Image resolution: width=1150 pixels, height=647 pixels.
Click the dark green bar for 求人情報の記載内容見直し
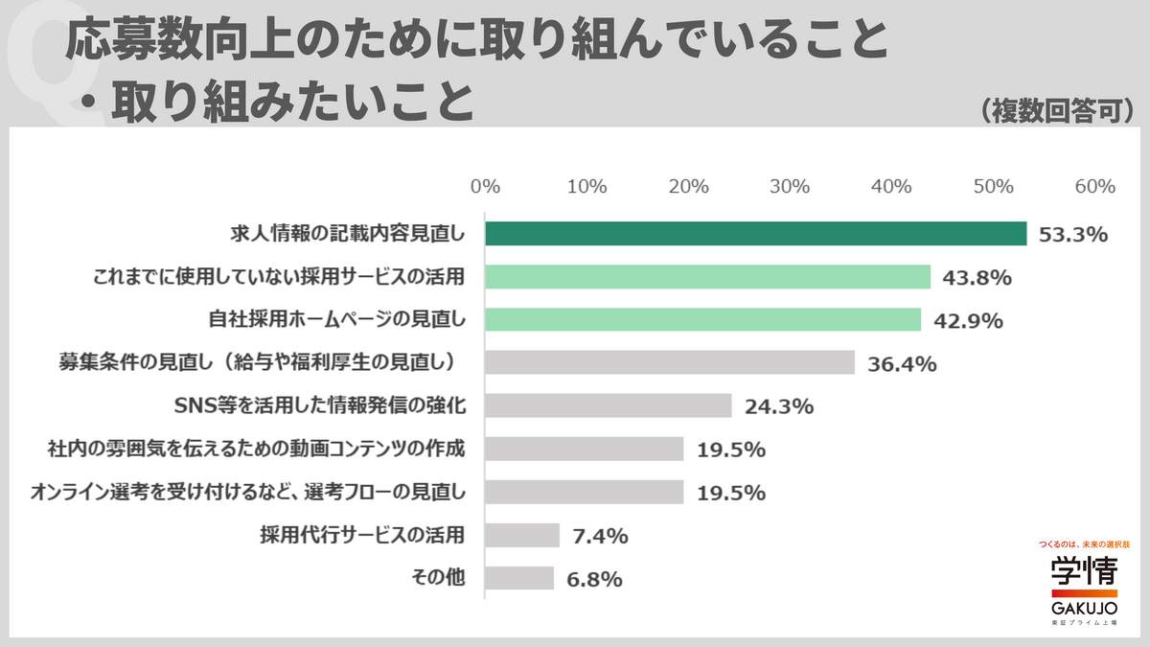(x=755, y=234)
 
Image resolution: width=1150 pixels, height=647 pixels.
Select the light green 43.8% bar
(x=707, y=277)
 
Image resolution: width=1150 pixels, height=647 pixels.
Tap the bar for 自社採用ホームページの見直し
(x=702, y=319)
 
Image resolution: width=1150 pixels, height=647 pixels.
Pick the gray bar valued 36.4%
(x=669, y=362)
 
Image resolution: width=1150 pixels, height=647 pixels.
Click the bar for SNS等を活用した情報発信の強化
(x=608, y=405)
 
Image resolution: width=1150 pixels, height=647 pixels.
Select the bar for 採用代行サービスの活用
(x=521, y=535)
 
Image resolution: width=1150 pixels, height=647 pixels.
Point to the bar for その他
(x=518, y=578)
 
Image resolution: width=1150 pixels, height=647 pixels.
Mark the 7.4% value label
(x=600, y=536)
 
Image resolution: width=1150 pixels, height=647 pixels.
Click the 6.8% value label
(x=594, y=579)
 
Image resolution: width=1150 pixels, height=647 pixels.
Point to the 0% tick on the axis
(x=486, y=187)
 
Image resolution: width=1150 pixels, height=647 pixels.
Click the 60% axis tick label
(x=1094, y=187)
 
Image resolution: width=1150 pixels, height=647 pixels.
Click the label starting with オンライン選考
(x=247, y=492)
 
